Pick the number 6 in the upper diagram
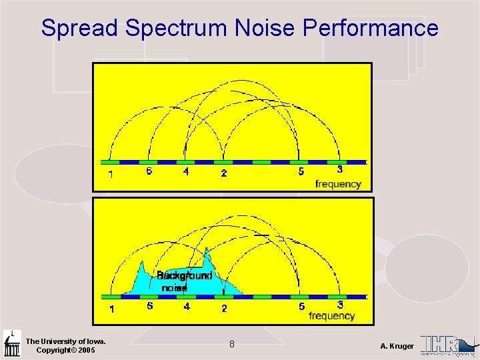149,171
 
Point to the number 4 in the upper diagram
186,171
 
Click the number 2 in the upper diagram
223,173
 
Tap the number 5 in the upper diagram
301,172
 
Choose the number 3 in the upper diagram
339,170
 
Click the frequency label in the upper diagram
338,184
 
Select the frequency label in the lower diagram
331,316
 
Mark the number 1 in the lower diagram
111,309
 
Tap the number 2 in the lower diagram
224,309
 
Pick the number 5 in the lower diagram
301,307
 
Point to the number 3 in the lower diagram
340,305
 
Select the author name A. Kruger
397,346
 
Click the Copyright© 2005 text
65,350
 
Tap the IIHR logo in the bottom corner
448,344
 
